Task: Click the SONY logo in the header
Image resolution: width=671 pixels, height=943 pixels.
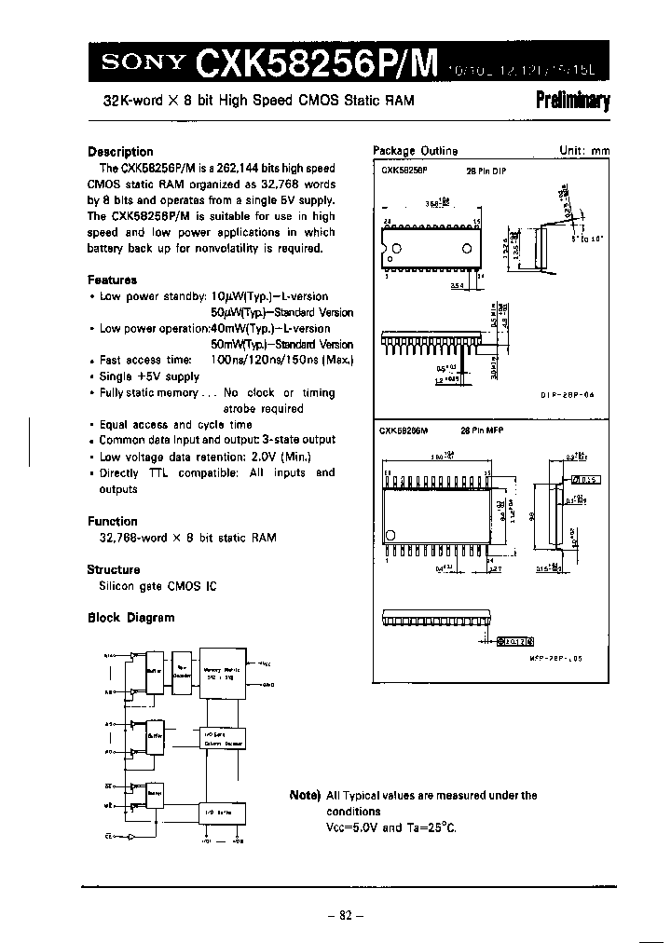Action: [x=141, y=63]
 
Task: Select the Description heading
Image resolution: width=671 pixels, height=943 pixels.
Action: [x=120, y=152]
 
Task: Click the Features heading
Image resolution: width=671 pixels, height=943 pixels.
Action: [x=113, y=280]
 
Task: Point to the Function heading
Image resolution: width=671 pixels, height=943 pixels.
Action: [x=113, y=522]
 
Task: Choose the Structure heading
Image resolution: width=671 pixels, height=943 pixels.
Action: [x=114, y=569]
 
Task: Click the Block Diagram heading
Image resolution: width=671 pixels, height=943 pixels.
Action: [x=131, y=618]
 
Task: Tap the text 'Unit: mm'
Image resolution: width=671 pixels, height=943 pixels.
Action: [x=583, y=151]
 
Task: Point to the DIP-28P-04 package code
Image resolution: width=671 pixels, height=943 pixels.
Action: [x=568, y=395]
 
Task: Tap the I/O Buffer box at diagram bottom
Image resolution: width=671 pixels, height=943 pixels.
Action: [x=212, y=813]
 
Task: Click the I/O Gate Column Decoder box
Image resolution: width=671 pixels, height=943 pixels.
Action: [x=223, y=740]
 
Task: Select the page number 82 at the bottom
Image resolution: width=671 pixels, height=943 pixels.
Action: [x=339, y=915]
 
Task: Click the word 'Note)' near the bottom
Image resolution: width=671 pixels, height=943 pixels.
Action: [x=305, y=796]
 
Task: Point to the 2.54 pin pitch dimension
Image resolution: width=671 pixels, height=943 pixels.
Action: [x=456, y=285]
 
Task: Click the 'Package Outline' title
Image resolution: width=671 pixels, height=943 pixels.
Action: [x=416, y=151]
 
